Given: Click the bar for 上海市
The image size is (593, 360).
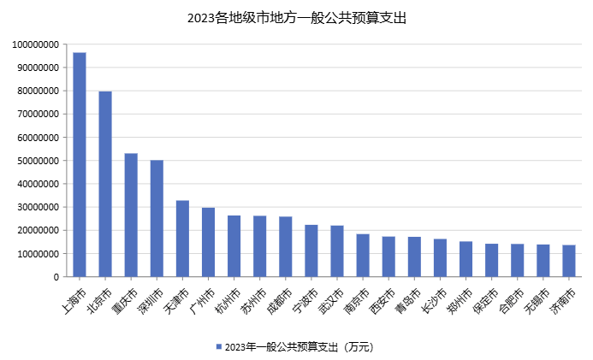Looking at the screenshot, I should tap(80, 164).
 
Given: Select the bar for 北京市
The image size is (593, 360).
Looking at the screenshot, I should tap(105, 184).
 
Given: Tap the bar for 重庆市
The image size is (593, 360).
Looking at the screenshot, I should tap(131, 215).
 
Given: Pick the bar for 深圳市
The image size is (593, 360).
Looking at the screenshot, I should tap(157, 218).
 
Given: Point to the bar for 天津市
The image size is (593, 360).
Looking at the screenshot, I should tap(182, 239).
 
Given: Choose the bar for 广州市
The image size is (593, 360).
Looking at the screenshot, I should tap(208, 242).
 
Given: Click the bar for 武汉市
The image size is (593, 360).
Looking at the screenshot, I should tap(337, 251).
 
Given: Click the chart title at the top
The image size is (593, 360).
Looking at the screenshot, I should tap(296, 17).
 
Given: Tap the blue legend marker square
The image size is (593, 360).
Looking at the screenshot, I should tap(218, 347).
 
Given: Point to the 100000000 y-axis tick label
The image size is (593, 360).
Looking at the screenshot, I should tap(36, 44).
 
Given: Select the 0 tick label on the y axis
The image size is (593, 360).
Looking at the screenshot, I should tap(56, 277).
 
